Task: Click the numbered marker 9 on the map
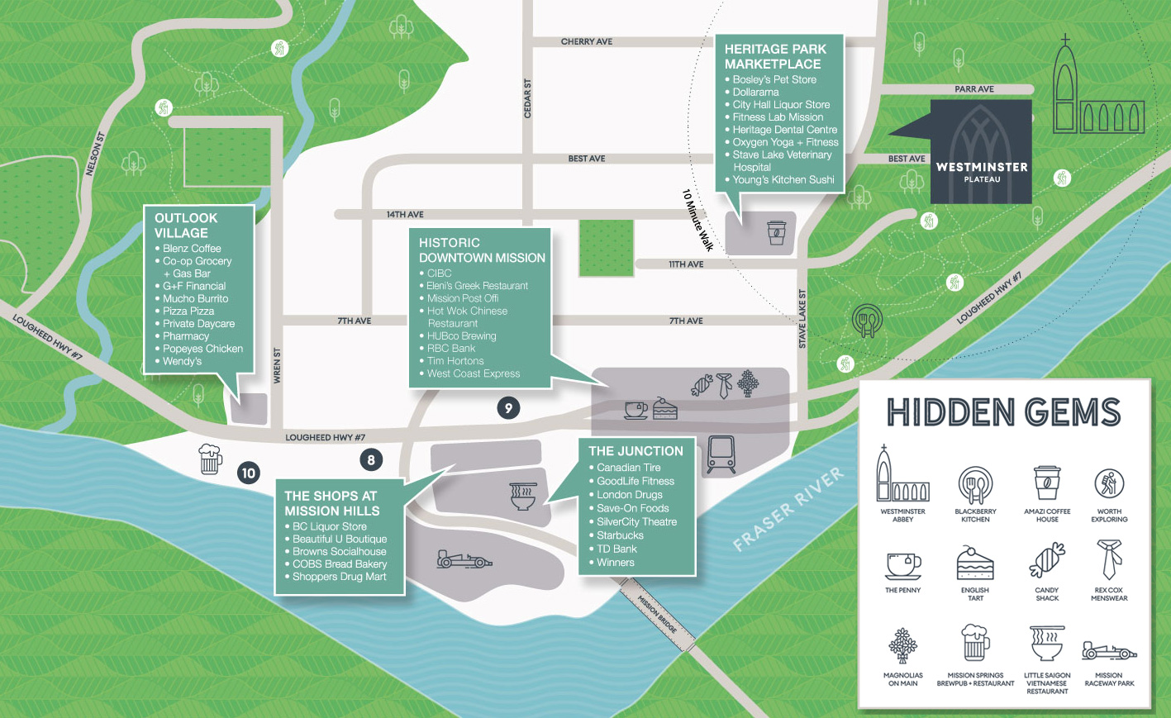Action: (508, 408)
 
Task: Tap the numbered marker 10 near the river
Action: (248, 473)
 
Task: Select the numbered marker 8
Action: (371, 460)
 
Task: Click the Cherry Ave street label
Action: (587, 42)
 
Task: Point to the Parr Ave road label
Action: (974, 89)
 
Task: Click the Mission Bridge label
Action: (657, 615)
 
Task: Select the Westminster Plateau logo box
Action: (981, 151)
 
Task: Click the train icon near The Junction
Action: (721, 454)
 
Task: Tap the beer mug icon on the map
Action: (210, 459)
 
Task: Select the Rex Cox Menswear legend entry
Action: (1109, 571)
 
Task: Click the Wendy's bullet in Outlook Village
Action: (182, 362)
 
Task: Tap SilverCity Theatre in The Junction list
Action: (636, 522)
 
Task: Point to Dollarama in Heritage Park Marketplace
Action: (755, 93)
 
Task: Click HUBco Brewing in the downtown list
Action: (462, 336)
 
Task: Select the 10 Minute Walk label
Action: (698, 221)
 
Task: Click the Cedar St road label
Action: (527, 98)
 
